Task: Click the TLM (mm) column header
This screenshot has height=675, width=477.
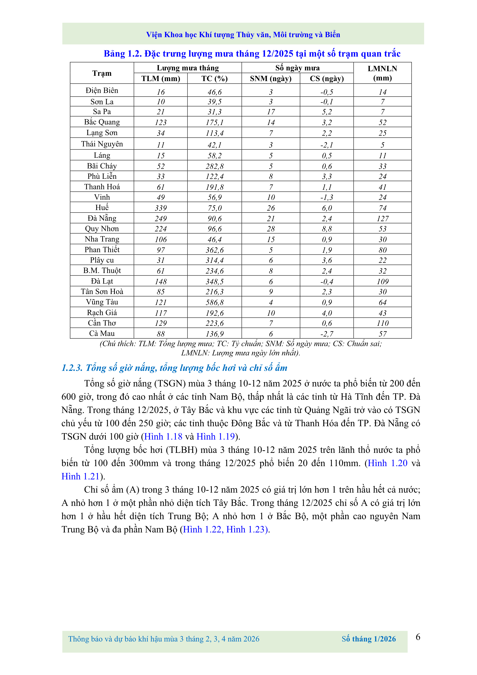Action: [161, 79]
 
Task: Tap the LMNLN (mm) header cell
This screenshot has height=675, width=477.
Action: [382, 73]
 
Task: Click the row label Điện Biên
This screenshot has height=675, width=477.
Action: [102, 90]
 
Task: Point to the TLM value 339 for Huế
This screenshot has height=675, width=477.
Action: [161, 208]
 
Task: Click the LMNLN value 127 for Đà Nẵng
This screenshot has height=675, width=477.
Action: [382, 218]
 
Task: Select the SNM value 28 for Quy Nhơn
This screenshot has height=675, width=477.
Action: [271, 229]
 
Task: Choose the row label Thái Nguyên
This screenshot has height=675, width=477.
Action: [102, 144]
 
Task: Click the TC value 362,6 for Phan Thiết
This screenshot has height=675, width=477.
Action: [214, 250]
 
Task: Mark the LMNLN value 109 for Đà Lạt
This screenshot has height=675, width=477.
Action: [382, 282]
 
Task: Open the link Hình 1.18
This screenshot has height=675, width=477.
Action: [163, 437]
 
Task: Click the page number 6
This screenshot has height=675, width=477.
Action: [418, 637]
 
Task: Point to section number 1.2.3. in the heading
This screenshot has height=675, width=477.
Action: [72, 368]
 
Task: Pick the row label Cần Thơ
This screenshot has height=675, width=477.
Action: [102, 323]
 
